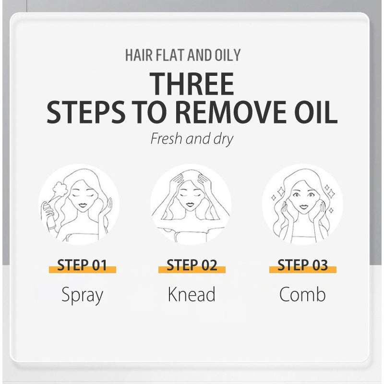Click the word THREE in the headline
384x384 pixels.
click(x=192, y=84)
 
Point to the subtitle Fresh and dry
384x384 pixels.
click(x=192, y=139)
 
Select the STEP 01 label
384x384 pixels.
click(x=82, y=265)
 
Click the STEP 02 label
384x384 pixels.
click(x=192, y=265)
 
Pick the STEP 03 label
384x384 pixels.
click(x=302, y=265)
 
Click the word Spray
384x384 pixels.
click(x=82, y=294)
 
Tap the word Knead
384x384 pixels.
click(x=192, y=294)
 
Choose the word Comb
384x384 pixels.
click(x=302, y=294)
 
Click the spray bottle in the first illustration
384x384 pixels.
click(x=48, y=214)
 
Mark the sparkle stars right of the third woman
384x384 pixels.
click(x=330, y=192)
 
